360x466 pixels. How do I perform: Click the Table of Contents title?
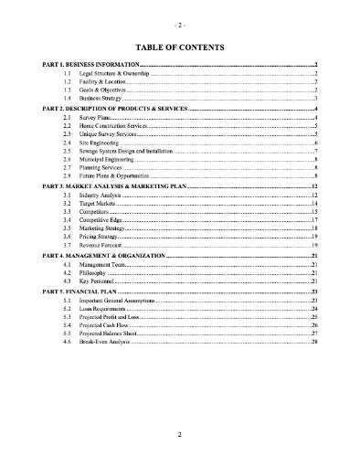pyautogui.click(x=180, y=48)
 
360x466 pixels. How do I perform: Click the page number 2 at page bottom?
pyautogui.click(x=180, y=435)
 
